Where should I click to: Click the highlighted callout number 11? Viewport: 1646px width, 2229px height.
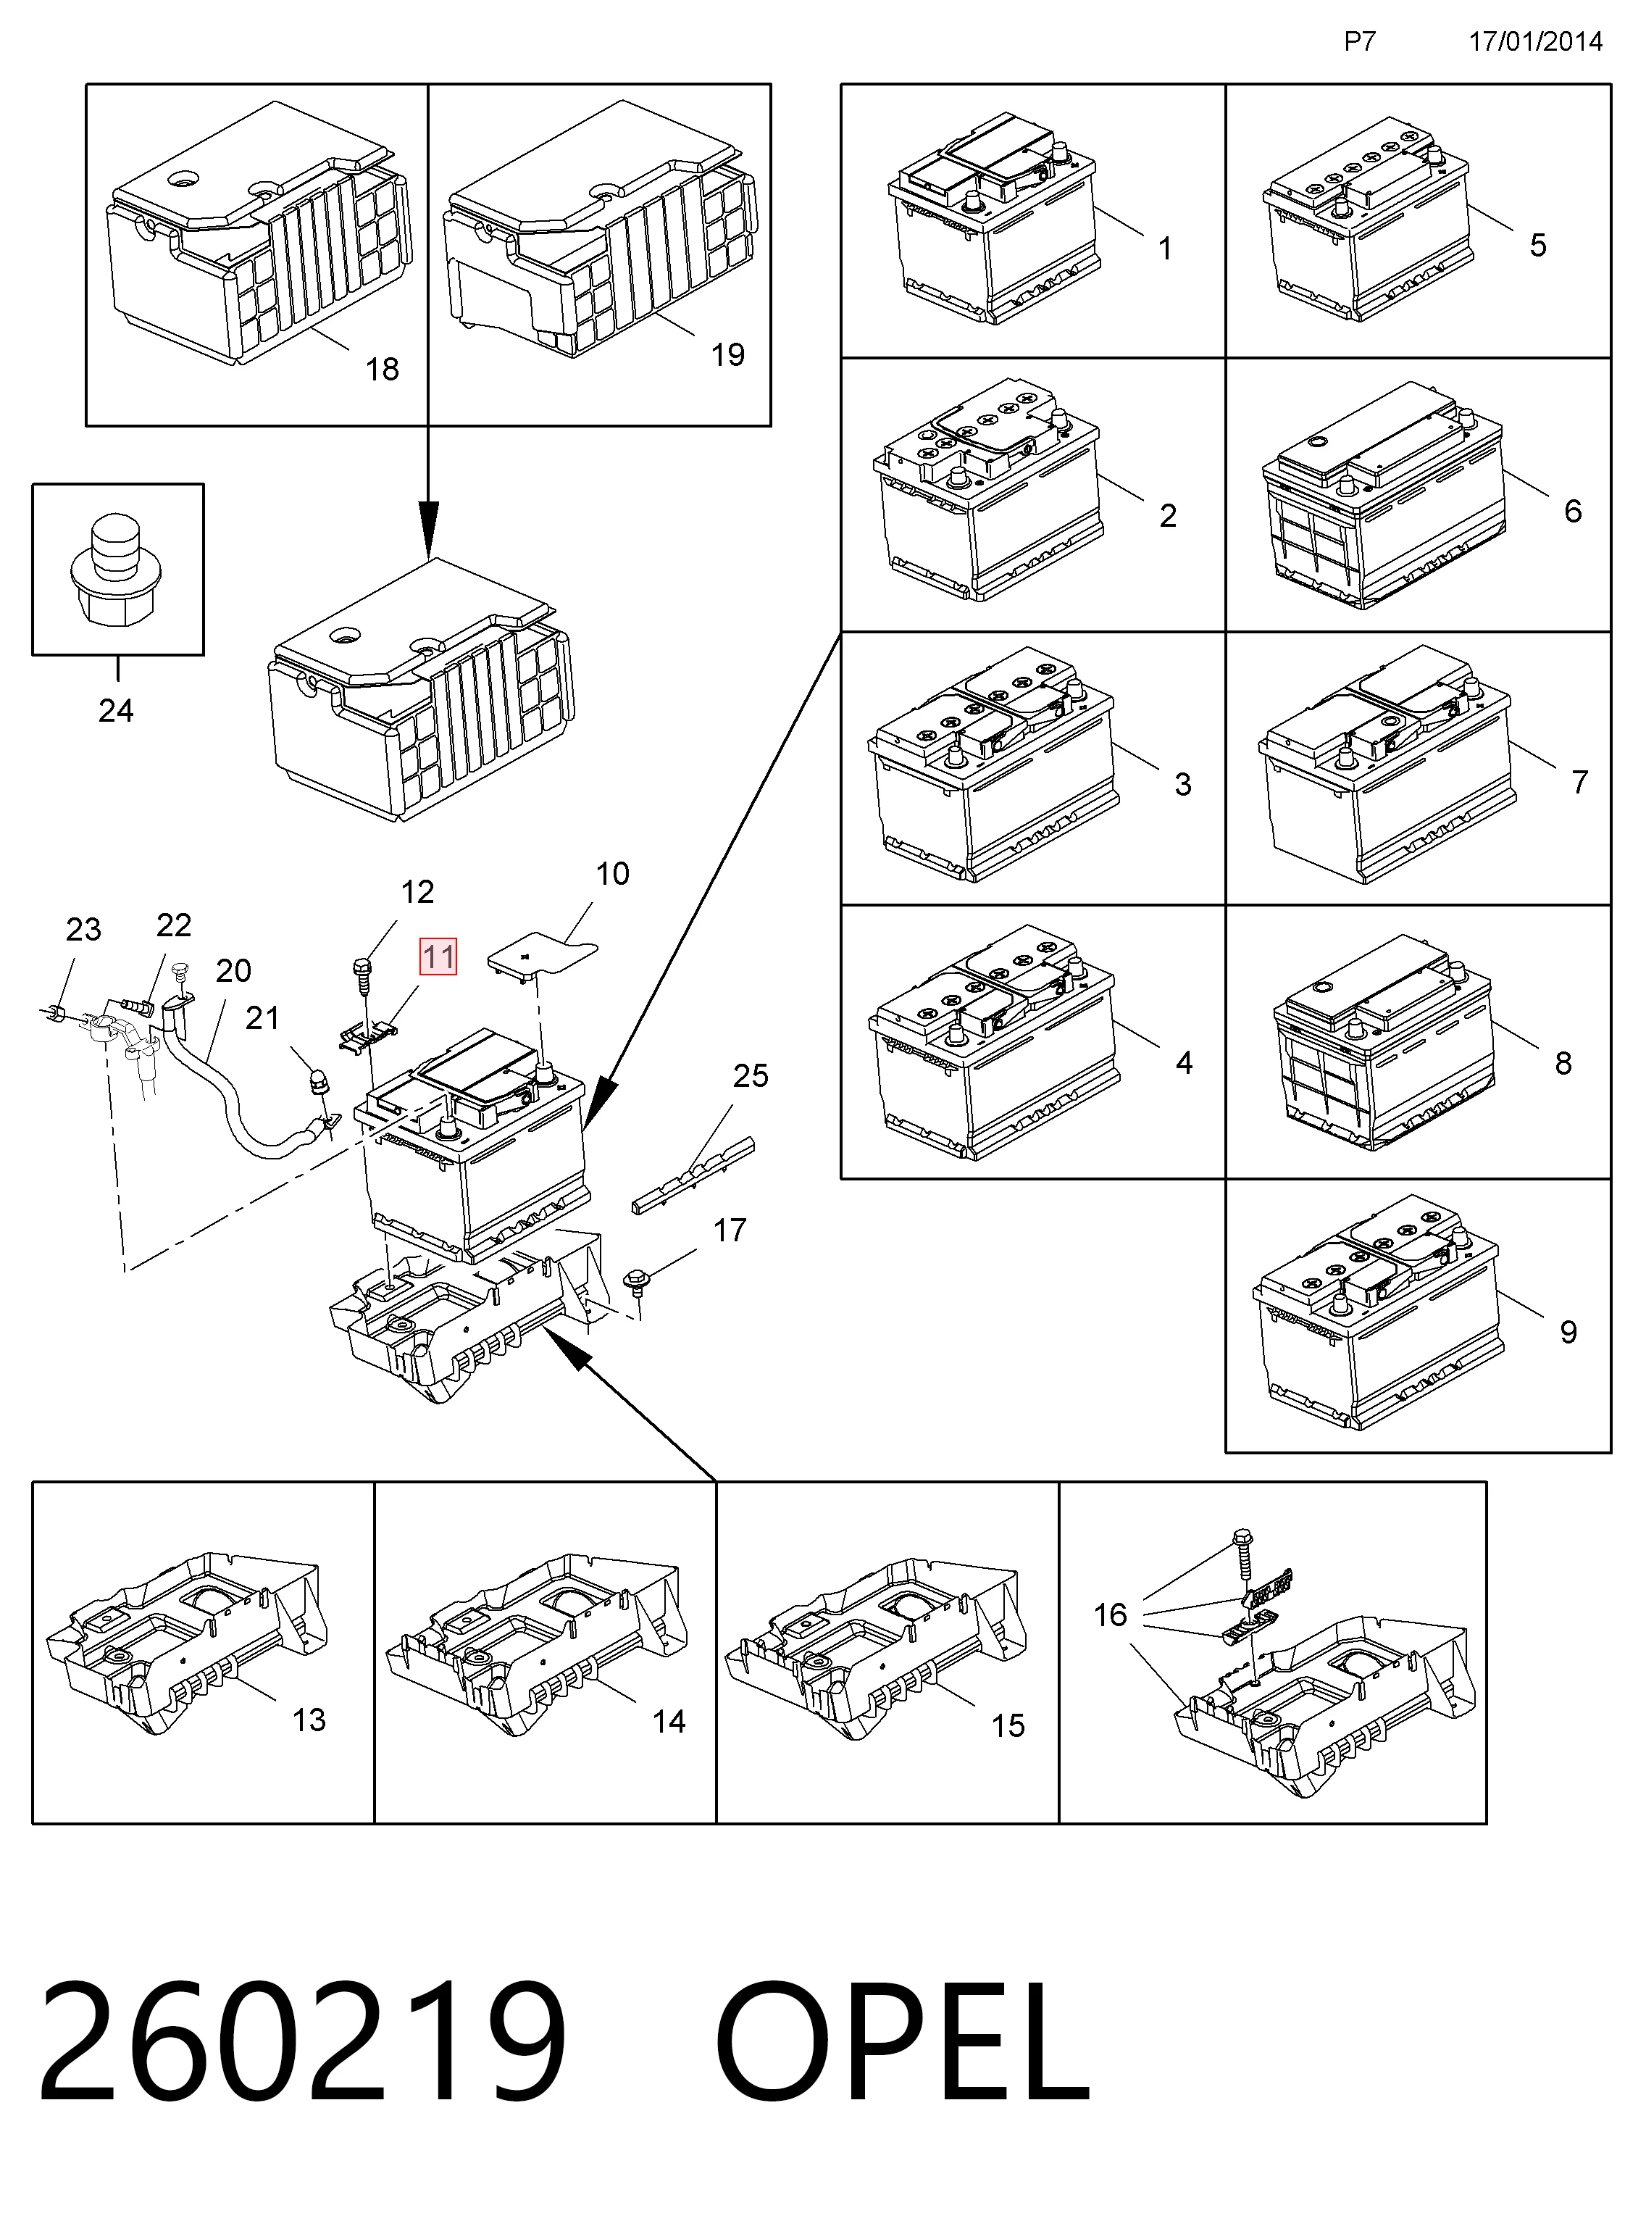point(438,957)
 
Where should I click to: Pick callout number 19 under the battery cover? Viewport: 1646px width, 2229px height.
point(727,355)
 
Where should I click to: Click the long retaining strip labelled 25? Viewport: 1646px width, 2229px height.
point(693,1176)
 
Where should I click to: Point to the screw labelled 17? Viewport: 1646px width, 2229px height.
point(635,1281)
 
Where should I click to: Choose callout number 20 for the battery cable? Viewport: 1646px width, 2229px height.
point(233,970)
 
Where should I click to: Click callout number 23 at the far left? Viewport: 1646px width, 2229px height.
point(84,930)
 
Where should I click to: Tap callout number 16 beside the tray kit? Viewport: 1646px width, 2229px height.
point(1110,1615)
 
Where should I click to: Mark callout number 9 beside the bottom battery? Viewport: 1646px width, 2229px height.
point(1568,1331)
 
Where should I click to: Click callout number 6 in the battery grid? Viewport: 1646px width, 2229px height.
point(1572,510)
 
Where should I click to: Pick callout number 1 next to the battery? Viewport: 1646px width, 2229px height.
point(1165,248)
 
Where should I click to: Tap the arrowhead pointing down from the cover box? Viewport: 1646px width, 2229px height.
point(428,530)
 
